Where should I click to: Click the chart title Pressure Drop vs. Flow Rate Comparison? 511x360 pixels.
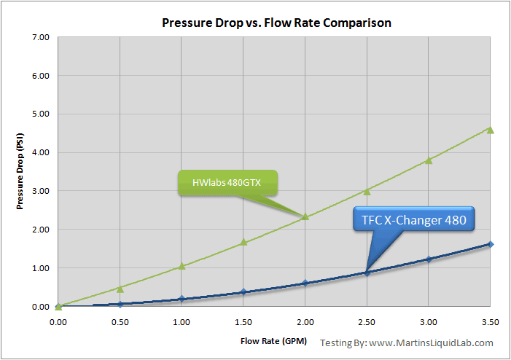pos(276,23)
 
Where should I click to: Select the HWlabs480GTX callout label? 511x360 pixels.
pos(227,183)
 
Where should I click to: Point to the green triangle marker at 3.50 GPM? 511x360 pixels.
pos(491,130)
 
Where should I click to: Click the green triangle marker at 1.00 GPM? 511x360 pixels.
pos(182,266)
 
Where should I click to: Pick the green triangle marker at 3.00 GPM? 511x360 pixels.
pos(429,160)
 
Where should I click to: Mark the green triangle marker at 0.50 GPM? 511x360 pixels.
pos(120,289)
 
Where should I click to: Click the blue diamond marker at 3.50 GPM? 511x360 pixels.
pos(491,244)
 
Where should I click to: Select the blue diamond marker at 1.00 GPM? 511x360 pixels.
pos(182,299)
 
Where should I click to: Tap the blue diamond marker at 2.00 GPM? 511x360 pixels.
pos(305,283)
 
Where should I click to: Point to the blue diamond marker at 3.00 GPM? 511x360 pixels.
pos(429,259)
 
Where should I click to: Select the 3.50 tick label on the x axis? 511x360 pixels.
pos(491,321)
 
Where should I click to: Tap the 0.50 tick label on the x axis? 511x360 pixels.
pos(120,321)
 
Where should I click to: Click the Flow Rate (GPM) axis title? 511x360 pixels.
pos(273,340)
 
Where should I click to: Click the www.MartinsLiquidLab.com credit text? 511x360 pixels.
pos(431,343)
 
